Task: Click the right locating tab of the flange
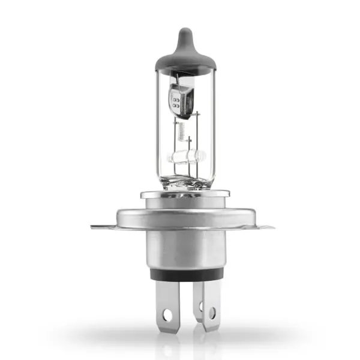(267, 227)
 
